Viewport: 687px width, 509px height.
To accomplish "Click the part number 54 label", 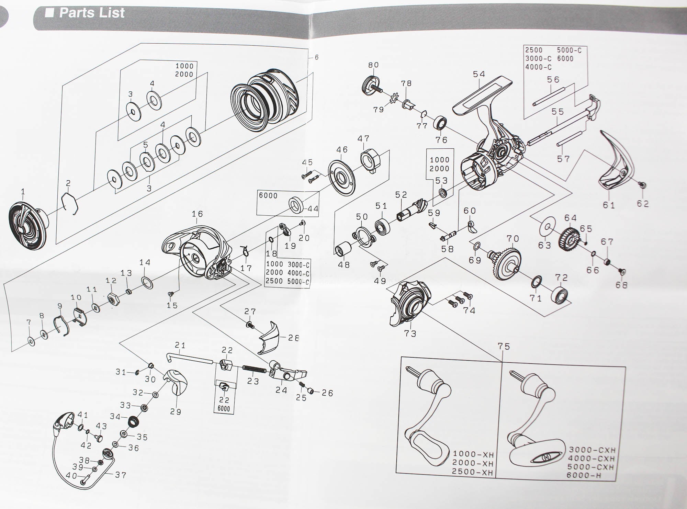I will click(479, 74).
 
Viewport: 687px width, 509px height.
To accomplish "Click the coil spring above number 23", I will click(254, 369).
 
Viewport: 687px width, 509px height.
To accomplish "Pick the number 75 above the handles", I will click(504, 347).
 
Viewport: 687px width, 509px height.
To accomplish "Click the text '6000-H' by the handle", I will click(582, 475).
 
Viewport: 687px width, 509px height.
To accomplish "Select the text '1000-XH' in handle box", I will click(473, 455).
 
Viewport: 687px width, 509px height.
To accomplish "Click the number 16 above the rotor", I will click(197, 214).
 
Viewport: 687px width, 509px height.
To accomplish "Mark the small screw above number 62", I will click(641, 185).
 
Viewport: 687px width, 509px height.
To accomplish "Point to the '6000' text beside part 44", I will click(268, 195).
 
